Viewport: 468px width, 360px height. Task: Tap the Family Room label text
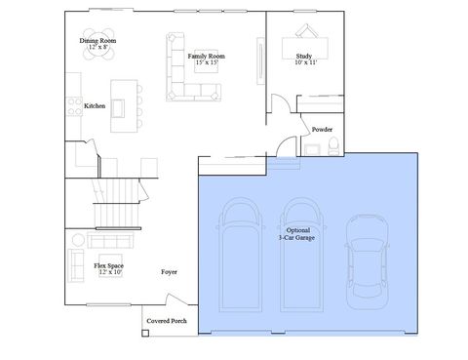coord(206,60)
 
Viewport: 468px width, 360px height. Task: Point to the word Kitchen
coord(95,105)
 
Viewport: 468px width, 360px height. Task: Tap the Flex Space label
coord(107,268)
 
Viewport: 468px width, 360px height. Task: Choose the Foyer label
coord(170,272)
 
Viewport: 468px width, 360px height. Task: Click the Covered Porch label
coord(167,321)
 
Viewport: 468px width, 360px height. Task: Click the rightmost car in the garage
coord(366,258)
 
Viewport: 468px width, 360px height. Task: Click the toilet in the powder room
coord(334,146)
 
